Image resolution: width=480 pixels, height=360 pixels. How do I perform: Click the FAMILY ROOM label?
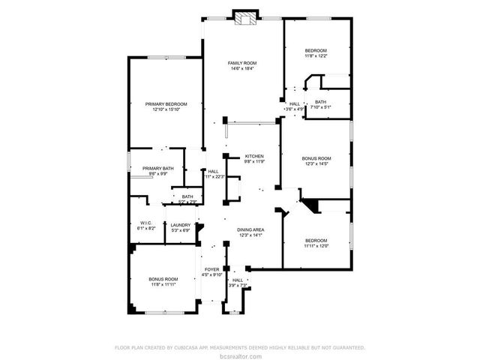point(242,62)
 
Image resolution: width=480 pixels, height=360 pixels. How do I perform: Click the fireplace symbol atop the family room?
point(244,18)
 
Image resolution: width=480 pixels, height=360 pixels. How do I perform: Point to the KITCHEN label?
point(253,156)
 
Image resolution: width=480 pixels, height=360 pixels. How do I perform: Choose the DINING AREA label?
point(250,229)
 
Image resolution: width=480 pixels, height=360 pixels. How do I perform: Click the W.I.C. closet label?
point(146,222)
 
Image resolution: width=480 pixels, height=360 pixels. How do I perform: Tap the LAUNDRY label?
point(180,225)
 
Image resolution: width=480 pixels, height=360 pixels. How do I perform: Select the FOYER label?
point(212,268)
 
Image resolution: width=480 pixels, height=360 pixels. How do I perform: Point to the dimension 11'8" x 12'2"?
point(315,55)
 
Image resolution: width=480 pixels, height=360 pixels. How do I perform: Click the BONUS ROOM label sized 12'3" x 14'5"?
point(316,158)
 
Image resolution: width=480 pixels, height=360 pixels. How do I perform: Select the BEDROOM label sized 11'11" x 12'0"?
point(315,240)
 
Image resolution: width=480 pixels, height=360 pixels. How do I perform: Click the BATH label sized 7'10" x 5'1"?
point(320,102)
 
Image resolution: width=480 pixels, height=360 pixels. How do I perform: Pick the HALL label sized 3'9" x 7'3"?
point(237,280)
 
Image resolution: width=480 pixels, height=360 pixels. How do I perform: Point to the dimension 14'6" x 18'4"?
point(242,68)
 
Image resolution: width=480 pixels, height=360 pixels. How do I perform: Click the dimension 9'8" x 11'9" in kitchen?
point(253,161)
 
